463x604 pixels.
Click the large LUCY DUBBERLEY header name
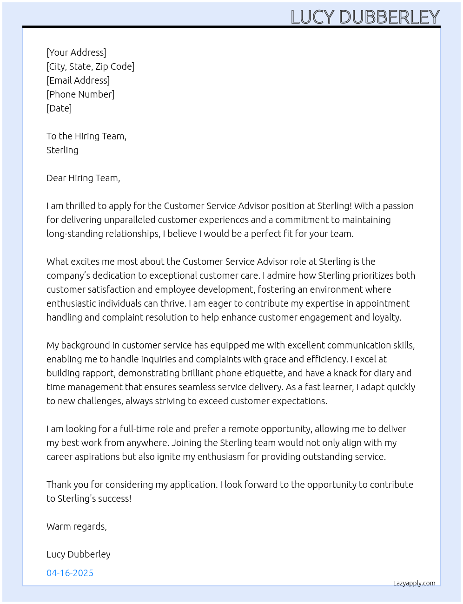click(x=365, y=17)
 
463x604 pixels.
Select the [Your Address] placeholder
click(x=76, y=53)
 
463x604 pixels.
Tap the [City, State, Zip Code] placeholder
click(x=90, y=66)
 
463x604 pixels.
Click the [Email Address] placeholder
click(x=78, y=80)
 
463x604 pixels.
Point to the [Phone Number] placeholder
click(x=80, y=94)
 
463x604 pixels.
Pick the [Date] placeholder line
click(x=59, y=108)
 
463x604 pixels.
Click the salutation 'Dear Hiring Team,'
click(x=83, y=178)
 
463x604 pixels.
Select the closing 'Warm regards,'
click(x=77, y=526)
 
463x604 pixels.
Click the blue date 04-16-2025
click(x=70, y=573)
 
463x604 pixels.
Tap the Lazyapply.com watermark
click(x=414, y=583)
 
